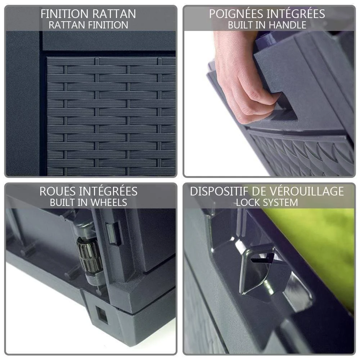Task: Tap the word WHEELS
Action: (x=109, y=202)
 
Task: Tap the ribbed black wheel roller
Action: (x=90, y=255)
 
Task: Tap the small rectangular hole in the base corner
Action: (x=102, y=315)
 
